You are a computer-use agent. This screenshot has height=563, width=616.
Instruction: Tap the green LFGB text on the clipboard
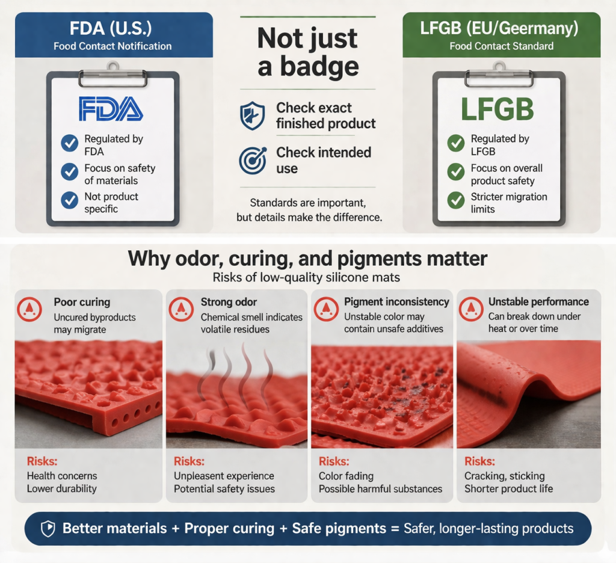[497, 109]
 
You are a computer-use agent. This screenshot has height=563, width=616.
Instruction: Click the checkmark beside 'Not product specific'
[70, 200]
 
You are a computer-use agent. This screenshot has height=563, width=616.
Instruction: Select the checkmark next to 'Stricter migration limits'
[456, 201]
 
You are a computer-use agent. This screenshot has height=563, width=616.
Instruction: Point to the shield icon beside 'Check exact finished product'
[251, 115]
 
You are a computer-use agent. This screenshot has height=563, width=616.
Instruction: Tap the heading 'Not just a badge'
[308, 53]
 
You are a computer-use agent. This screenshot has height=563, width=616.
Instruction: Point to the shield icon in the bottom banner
[47, 529]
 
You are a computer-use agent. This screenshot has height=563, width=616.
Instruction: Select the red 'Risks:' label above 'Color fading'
[333, 462]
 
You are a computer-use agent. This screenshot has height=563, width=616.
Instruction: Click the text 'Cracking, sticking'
[504, 476]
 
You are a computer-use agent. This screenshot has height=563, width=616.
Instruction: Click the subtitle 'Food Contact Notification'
[112, 46]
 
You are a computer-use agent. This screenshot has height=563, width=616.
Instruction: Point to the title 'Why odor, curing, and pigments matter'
[307, 259]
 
